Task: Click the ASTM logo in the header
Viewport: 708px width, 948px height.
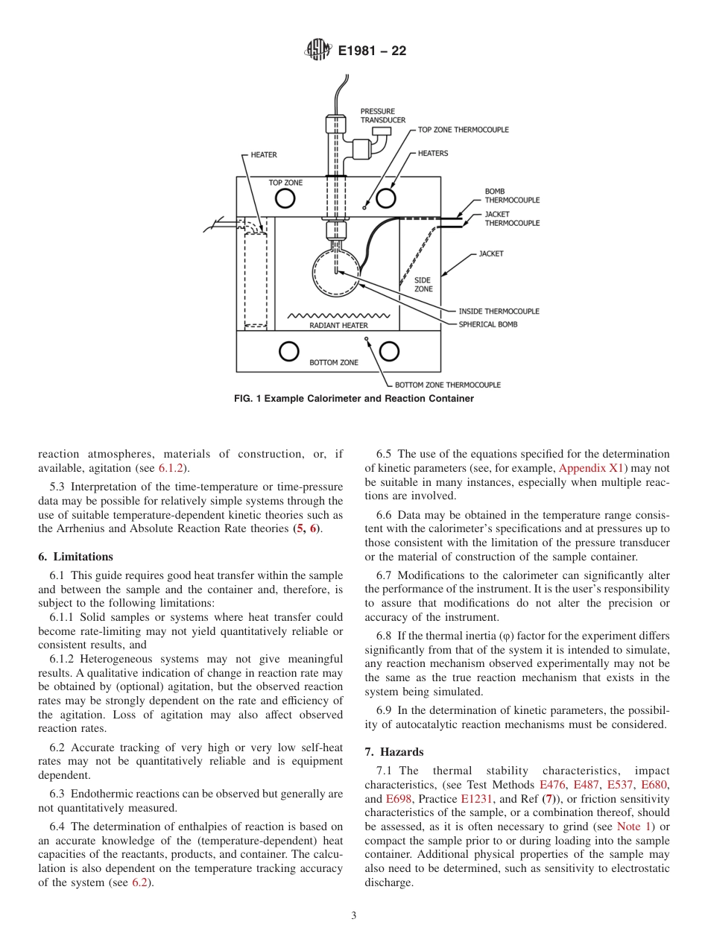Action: click(x=318, y=51)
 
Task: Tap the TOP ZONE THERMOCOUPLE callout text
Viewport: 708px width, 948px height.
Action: click(x=463, y=130)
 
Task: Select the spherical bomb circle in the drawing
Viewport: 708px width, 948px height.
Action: click(x=336, y=271)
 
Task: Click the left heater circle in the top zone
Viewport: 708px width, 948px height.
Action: click(x=285, y=198)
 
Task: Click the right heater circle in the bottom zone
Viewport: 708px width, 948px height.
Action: click(x=389, y=352)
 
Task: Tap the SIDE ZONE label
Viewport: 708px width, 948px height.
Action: click(x=423, y=285)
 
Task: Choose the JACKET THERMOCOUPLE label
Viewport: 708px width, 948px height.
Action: click(x=512, y=218)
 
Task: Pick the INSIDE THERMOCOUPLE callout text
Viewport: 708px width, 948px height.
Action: click(x=499, y=311)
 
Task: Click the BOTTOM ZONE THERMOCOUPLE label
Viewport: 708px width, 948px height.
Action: click(x=447, y=385)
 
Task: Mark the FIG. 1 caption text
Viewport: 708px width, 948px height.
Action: click(x=354, y=399)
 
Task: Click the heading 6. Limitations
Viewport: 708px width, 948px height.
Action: click(x=76, y=557)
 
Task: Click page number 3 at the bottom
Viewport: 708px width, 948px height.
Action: click(x=354, y=916)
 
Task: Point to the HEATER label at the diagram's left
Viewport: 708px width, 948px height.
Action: click(x=263, y=155)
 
